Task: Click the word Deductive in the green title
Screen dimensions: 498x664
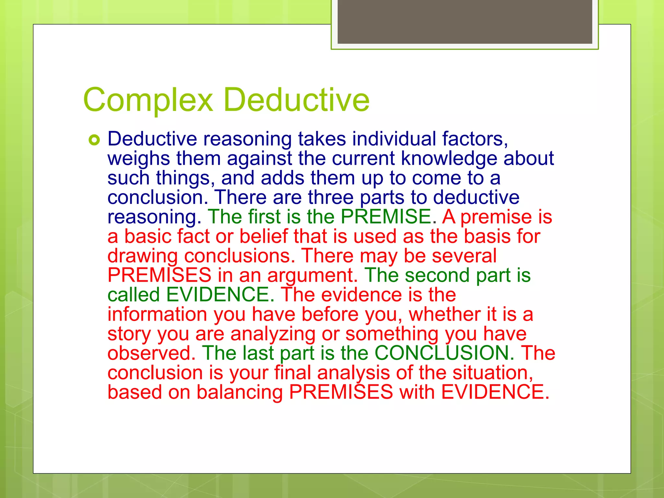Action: [296, 100]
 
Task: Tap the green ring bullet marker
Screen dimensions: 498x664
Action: [94, 140]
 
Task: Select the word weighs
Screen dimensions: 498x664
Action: [138, 159]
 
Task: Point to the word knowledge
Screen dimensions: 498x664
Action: [449, 159]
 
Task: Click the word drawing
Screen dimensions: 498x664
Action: [143, 256]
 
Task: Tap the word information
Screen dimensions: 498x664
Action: [157, 314]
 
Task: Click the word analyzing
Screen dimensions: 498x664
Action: [273, 334]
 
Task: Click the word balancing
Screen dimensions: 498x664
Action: [240, 392]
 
